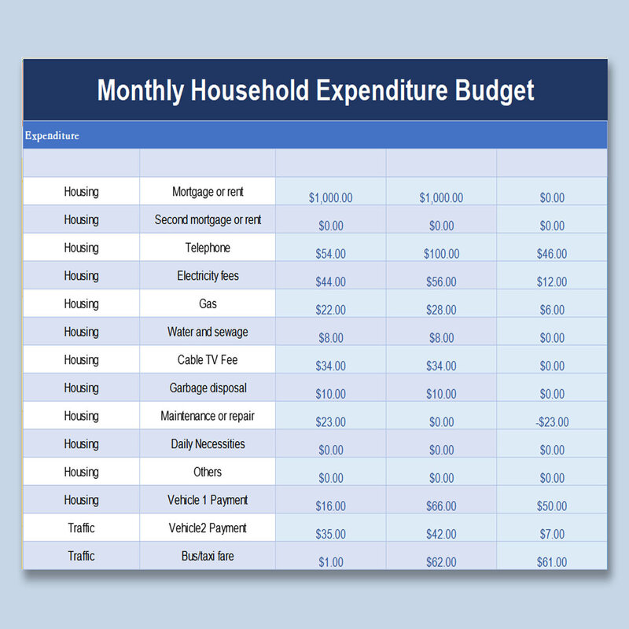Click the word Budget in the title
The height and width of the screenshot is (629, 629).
[495, 90]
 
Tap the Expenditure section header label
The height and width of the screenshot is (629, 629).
[52, 136]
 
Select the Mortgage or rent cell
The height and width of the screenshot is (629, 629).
[208, 192]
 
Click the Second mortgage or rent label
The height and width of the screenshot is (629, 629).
[208, 220]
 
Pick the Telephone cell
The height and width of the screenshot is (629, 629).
[208, 248]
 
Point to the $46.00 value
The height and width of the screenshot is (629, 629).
[552, 254]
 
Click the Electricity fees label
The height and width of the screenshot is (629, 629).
[208, 276]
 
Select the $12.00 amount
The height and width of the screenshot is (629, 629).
[552, 282]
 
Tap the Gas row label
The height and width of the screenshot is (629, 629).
[208, 303]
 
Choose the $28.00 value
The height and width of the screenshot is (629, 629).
[441, 311]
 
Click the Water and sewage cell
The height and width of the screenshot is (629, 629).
[208, 332]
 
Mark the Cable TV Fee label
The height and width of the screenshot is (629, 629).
[208, 360]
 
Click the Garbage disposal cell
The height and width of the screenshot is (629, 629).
[208, 388]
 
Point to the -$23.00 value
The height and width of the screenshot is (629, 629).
[552, 422]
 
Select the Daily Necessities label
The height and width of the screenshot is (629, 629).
[208, 444]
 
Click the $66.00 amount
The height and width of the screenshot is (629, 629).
[441, 506]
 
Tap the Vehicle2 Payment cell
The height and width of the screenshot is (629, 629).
[208, 528]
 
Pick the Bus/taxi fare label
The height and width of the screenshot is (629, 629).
[208, 557]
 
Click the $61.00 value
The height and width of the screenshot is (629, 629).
[552, 562]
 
